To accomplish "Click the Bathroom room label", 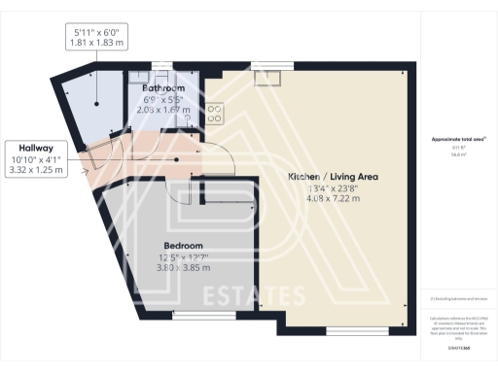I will pyautogui.click(x=163, y=87).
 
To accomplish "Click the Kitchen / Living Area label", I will pyautogui.click(x=333, y=177).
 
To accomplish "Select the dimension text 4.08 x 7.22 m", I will pyautogui.click(x=333, y=199).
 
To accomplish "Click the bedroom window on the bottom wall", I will pyautogui.click(x=197, y=316).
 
